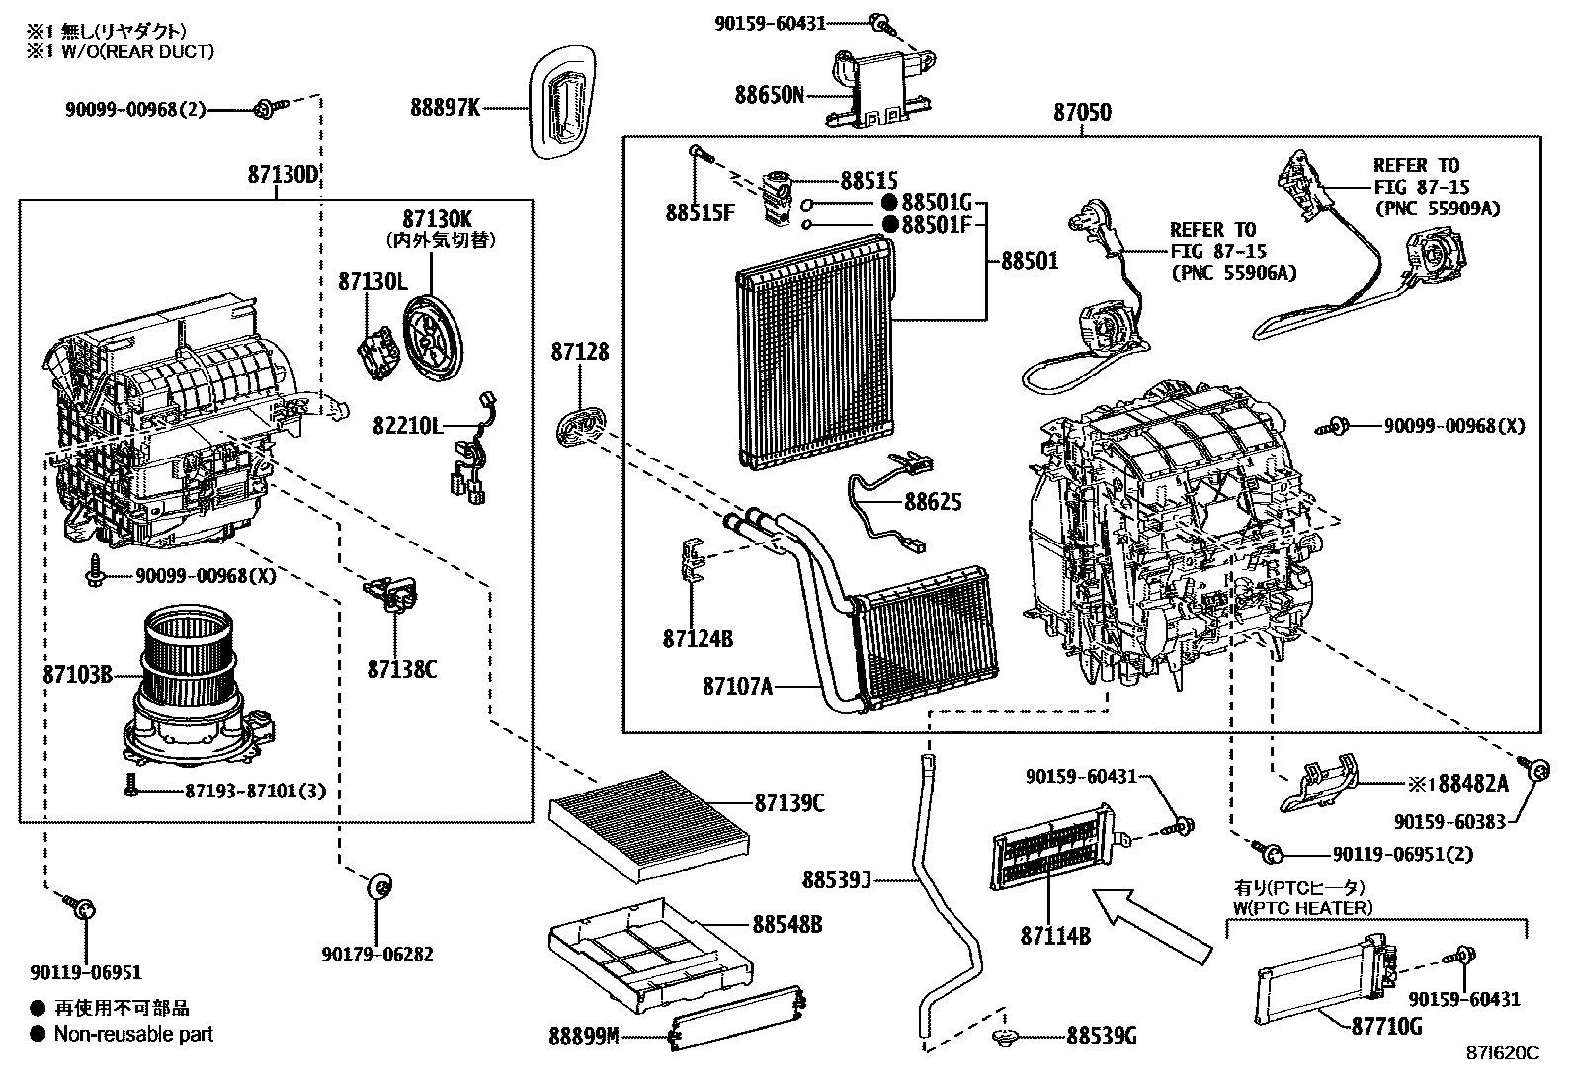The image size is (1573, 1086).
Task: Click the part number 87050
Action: (1081, 113)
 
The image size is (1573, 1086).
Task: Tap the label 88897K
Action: (445, 107)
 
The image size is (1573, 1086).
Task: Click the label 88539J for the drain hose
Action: (836, 878)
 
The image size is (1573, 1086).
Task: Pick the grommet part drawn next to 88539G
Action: (1006, 1036)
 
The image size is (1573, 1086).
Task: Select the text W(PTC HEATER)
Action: (1302, 907)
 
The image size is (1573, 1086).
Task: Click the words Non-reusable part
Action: (133, 1035)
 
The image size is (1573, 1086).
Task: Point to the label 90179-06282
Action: (376, 955)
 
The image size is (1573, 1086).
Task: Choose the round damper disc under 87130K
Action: (432, 336)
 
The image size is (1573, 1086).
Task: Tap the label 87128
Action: (580, 352)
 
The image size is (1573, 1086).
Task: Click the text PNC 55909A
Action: (1437, 209)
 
